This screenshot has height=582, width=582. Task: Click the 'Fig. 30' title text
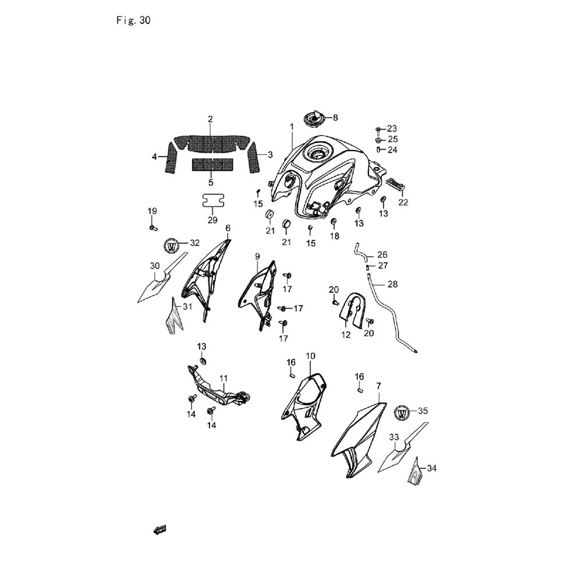[x=134, y=20]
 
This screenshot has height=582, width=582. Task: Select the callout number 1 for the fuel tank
[x=292, y=127]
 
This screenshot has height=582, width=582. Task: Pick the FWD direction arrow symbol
[x=160, y=530]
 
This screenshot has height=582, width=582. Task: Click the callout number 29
[x=212, y=220]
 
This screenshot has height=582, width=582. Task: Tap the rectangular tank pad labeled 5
[x=212, y=165]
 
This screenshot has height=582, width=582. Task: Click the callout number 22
[x=403, y=203]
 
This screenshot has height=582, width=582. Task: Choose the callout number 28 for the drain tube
[x=392, y=285]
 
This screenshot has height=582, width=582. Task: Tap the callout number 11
[x=223, y=379]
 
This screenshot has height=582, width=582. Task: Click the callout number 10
[x=310, y=356]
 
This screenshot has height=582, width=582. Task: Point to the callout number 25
[x=393, y=139]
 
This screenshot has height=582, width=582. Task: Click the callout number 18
[x=335, y=236]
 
